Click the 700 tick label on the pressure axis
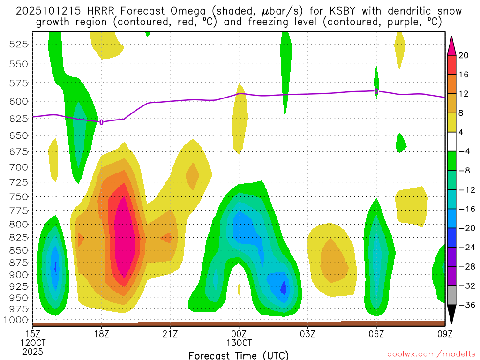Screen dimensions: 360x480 coord(18,167)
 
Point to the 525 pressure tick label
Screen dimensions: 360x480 coord(18,44)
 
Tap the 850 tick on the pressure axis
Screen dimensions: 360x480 coord(18,249)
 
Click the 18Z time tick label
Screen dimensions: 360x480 coord(102,334)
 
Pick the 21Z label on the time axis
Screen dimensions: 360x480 coord(170,334)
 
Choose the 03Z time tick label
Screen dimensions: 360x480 coord(307,334)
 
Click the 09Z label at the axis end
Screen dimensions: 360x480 coord(444,334)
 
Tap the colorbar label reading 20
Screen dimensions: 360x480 coord(464,55)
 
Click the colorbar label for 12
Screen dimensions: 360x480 coord(464,94)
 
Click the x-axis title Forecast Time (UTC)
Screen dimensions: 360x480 coord(239,355)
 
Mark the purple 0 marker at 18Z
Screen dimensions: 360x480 coord(102,122)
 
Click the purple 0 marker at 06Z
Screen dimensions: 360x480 coord(376,91)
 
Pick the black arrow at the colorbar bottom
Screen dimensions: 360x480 coord(452,315)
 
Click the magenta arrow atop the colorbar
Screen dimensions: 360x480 coord(452,45)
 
